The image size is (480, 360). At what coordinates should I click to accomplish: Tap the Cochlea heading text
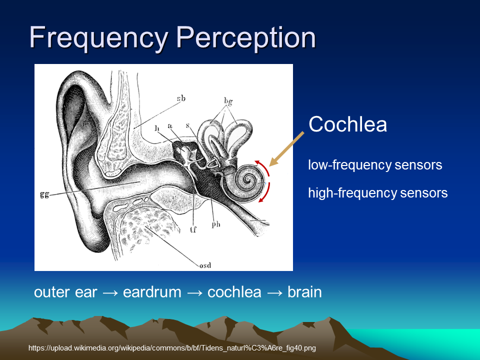[x=348, y=124]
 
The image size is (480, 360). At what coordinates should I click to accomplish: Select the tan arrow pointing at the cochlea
[x=286, y=149]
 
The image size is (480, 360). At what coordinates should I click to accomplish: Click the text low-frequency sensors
[x=375, y=165]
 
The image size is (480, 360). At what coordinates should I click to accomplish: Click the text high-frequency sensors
[x=378, y=193]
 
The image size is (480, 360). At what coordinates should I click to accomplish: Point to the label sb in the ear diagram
[x=181, y=98]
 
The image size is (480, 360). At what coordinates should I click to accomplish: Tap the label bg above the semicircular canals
[x=228, y=101]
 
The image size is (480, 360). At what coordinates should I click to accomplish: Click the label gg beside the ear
[x=44, y=194]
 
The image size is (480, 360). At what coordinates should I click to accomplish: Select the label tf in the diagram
[x=193, y=229]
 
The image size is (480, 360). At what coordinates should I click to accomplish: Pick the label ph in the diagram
[x=216, y=224]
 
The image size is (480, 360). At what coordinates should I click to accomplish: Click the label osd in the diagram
[x=205, y=265]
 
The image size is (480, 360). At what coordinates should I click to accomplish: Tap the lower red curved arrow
[x=265, y=193]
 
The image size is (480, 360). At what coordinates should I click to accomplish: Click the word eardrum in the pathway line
[x=152, y=292]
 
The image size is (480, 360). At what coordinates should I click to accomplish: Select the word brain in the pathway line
[x=304, y=292]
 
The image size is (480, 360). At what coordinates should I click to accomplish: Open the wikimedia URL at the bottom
[x=172, y=348]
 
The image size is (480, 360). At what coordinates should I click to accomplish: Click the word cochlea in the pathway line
[x=234, y=292]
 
